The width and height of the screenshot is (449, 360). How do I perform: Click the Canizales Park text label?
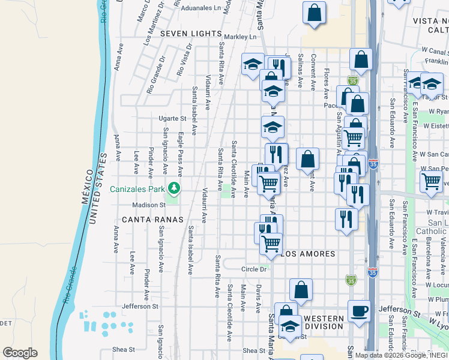pyautogui.click(x=137, y=189)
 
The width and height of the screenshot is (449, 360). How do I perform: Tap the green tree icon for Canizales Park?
pyautogui.click(x=174, y=188)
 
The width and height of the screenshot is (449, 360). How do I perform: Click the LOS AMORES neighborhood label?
pyautogui.click(x=309, y=254)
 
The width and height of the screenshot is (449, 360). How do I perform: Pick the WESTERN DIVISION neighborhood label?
pyautogui.click(x=324, y=323)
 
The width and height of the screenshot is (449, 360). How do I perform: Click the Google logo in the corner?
pyautogui.click(x=20, y=353)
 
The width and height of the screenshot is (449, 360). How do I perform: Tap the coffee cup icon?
pyautogui.click(x=360, y=311)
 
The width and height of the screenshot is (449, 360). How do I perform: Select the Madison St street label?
pyautogui.click(x=149, y=205)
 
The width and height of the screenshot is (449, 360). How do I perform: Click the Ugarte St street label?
pyautogui.click(x=172, y=118)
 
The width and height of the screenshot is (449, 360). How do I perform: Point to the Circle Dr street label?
pyautogui.click(x=254, y=269)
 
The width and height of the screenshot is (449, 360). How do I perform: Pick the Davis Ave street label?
pyautogui.click(x=258, y=298)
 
